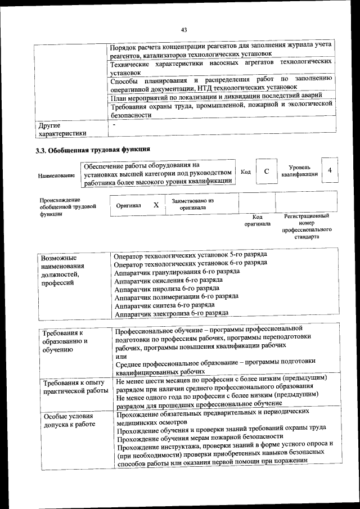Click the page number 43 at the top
[x=183, y=30]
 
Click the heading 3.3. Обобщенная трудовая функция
[x=92, y=150]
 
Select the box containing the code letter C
[x=267, y=172]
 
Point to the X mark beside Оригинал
[x=156, y=205]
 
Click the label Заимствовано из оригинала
[x=193, y=204]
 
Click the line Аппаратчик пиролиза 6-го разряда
[x=158, y=287]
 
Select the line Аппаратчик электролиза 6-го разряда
[x=170, y=313]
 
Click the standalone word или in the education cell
[x=120, y=357]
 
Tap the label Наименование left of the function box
[x=56, y=175]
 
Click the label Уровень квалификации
[x=299, y=171]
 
